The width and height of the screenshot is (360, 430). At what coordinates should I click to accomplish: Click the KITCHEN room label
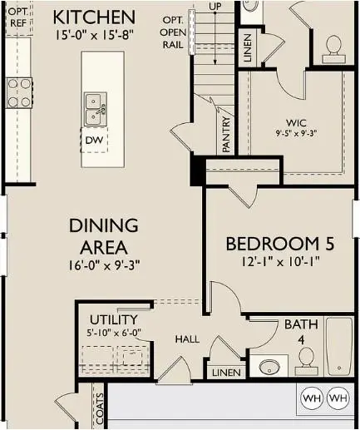click(93, 17)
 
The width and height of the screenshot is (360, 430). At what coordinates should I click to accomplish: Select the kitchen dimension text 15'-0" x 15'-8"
click(94, 36)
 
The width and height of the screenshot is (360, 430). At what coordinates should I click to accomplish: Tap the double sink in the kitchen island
click(95, 106)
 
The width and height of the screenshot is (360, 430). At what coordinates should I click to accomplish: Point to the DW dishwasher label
click(94, 141)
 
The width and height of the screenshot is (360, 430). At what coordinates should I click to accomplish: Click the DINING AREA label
click(98, 236)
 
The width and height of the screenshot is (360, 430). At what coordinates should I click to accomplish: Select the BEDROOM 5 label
click(280, 244)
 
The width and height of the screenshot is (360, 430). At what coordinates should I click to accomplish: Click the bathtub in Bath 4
click(339, 349)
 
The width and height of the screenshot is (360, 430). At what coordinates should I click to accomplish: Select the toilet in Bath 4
click(305, 358)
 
